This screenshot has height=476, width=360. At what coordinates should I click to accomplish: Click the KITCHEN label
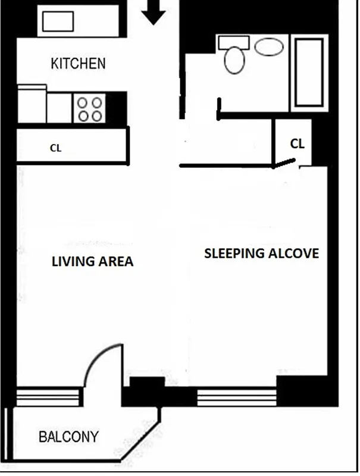(x=78, y=64)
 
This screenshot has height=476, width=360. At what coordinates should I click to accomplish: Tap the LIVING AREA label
(x=92, y=261)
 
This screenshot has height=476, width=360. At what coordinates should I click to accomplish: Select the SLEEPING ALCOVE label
(x=261, y=253)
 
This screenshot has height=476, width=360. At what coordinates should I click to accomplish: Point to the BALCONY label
(x=68, y=437)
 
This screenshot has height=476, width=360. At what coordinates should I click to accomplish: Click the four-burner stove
(x=90, y=108)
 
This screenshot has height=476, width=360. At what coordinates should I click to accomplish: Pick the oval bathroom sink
(x=269, y=47)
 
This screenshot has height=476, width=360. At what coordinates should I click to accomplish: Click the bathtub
(x=308, y=73)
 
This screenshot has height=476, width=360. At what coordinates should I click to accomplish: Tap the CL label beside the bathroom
(x=298, y=144)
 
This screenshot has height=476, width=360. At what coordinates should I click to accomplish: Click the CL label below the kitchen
(x=55, y=148)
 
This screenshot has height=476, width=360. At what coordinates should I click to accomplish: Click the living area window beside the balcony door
(x=48, y=396)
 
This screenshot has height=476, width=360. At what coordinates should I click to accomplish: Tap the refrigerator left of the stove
(x=32, y=105)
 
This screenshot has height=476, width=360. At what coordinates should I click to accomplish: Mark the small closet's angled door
(x=285, y=163)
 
